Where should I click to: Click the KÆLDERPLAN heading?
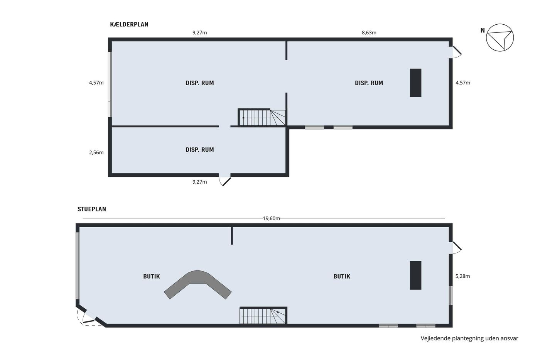[129, 24]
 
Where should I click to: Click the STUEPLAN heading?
[92, 209]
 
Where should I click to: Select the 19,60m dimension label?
[271, 218]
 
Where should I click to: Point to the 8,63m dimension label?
[369, 32]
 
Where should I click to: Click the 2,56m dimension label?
[96, 152]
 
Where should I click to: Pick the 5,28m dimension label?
[462, 276]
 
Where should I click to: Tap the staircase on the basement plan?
[262, 117]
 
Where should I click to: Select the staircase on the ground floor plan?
[263, 315]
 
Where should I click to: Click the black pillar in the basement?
[416, 83]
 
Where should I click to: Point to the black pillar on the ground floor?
[416, 275]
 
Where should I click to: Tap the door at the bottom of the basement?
[224, 180]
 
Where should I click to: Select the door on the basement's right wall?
[456, 52]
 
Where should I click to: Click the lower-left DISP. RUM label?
[200, 150]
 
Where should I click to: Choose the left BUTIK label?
[151, 276]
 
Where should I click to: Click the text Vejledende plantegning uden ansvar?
[469, 338]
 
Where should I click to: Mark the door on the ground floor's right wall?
[455, 248]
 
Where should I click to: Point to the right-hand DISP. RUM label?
[369, 83]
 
